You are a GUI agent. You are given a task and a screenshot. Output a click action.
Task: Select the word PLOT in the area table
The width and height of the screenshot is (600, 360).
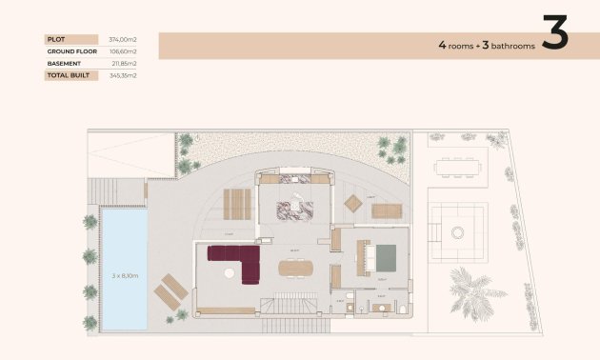(x=54, y=39)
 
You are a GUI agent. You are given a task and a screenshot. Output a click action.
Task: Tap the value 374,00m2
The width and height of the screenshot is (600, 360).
(x=123, y=39)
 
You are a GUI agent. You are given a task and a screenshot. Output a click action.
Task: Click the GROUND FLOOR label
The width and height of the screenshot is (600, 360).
(x=68, y=51)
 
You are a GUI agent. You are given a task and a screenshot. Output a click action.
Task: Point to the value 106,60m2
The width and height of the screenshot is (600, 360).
(x=123, y=51)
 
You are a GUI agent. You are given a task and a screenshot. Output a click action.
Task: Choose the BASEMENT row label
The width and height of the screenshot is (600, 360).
(x=63, y=63)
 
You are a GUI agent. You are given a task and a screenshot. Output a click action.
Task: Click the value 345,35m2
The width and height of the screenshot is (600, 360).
(x=123, y=74)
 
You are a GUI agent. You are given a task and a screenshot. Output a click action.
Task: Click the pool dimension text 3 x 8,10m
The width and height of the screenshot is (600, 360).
(x=126, y=275)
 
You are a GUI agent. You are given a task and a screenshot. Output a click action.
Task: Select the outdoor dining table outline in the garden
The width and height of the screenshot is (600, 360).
(x=457, y=168)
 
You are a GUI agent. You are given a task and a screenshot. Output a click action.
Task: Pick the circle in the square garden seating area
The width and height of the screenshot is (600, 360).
(x=458, y=231)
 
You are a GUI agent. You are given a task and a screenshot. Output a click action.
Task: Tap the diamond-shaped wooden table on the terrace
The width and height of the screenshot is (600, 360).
(x=353, y=202)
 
